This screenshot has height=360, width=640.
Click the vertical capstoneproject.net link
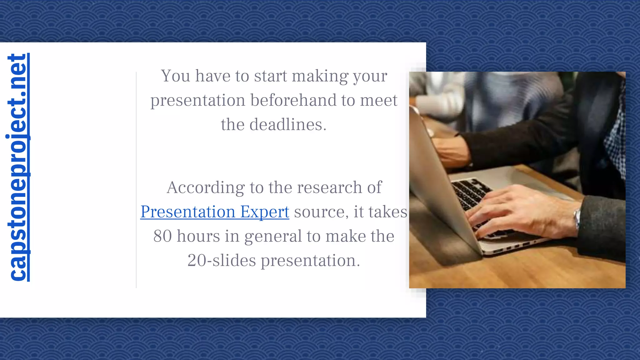point(17,167)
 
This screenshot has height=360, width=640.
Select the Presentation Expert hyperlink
point(215,212)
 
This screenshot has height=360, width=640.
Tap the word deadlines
point(288,125)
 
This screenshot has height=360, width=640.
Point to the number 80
point(162,236)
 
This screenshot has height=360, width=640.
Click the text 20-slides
point(222,260)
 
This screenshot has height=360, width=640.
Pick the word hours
point(198,236)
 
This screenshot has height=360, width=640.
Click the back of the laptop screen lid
point(437,187)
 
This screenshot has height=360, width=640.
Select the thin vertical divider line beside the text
point(136,180)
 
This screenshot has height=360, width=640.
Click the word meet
point(378,100)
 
